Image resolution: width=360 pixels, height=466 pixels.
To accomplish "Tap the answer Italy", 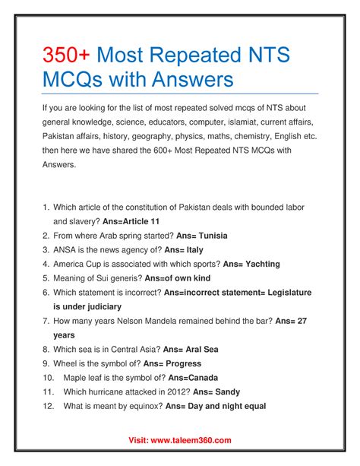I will tap(189, 249).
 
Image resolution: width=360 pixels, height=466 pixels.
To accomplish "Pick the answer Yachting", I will tap(257, 264).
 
